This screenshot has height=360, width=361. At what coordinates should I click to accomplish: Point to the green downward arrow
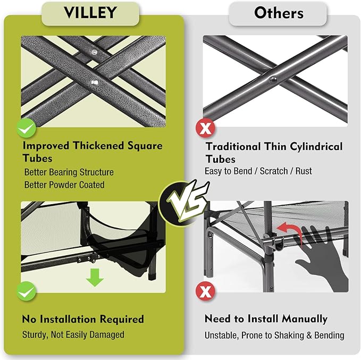pos(95,277)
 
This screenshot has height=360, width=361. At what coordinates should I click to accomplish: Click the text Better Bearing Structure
pos(69,172)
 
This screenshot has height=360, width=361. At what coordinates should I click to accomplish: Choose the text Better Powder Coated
pos(64,185)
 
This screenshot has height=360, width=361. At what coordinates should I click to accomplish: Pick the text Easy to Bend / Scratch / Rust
pos(258,171)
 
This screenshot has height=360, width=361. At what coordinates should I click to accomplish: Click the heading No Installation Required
pos(83,319)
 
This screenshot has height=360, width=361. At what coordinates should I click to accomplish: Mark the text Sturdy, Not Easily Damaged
pos(73,335)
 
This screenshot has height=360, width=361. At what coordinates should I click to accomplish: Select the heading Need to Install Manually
pos(266,319)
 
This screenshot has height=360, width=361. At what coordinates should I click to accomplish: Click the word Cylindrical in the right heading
pos(311,146)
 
